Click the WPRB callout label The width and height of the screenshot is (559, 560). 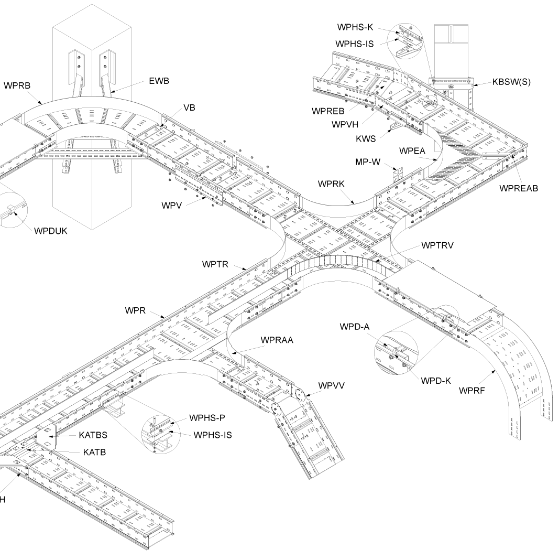[18, 85]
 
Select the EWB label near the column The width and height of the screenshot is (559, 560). [159, 81]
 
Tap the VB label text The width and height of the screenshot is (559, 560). [189, 107]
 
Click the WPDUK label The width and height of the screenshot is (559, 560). [51, 231]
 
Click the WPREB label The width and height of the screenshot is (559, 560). [328, 111]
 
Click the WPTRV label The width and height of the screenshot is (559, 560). [437, 245]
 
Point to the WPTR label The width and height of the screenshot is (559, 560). [215, 264]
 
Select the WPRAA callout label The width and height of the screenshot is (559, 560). [277, 340]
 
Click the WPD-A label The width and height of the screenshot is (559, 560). [355, 327]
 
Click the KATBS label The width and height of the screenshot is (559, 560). [94, 435]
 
